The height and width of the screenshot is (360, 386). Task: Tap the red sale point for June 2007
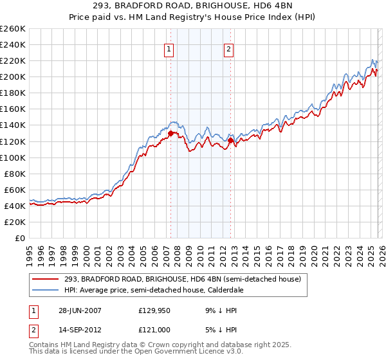coord(171,134)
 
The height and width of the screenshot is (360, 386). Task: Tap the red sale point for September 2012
coord(230,140)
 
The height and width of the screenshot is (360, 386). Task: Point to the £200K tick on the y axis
coord(13,77)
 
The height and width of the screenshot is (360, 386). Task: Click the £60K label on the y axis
coord(15,190)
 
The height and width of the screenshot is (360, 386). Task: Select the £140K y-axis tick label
coord(13,125)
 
